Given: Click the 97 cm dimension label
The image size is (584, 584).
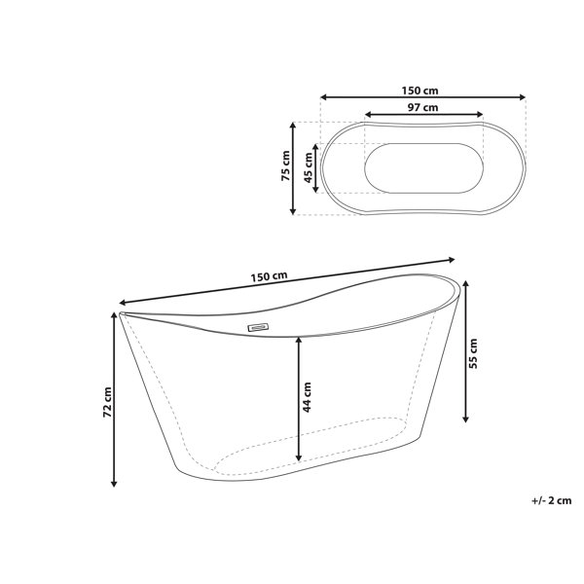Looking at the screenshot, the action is pos(422,108).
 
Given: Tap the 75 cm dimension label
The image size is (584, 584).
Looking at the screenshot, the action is pos(285,165).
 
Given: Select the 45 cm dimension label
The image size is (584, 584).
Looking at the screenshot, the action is pos(309,168).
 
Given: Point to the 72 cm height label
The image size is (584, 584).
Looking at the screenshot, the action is pos(108,402).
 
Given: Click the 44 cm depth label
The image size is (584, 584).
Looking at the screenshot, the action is pos(307,397).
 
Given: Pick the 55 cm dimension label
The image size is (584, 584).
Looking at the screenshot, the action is pos(473,353).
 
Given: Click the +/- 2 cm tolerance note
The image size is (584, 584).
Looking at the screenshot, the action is pos(551,500).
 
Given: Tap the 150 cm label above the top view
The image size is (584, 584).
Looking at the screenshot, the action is pos(420,91).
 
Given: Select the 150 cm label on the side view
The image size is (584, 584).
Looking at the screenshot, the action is pos(269,276).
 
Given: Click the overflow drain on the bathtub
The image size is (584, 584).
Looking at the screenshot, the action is pos(258,327).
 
